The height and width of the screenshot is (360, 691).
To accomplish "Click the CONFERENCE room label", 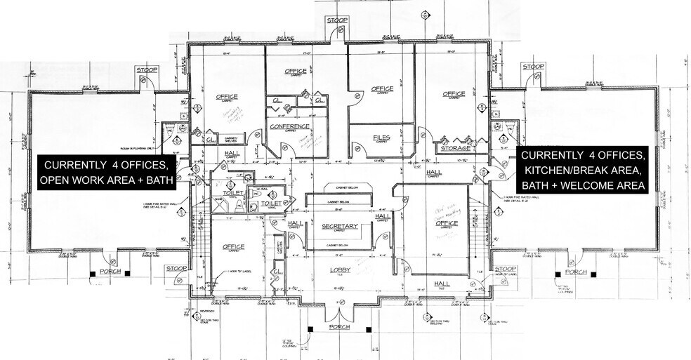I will pos(289,126).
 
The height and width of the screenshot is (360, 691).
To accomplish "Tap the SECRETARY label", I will pos(340,226).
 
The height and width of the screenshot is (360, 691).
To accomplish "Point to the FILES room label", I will pos(381,138).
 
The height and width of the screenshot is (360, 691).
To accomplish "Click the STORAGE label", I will pos(454,149).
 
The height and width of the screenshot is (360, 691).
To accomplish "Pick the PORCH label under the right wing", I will pos(576,272).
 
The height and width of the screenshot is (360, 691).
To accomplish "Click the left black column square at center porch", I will pos(310,328).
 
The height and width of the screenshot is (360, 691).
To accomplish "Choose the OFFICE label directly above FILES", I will pos(382,89).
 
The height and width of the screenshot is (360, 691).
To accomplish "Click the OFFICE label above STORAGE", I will pos(454,94).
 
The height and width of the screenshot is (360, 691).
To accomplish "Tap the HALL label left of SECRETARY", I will pos(296,223).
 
